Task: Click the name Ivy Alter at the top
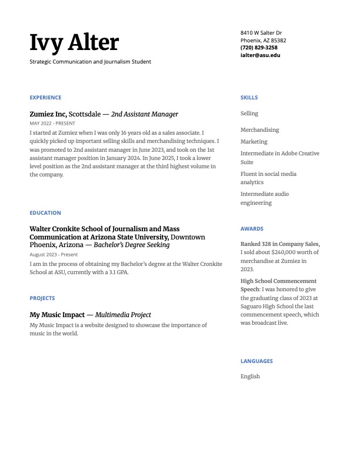click(x=74, y=43)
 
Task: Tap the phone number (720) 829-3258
click(x=259, y=48)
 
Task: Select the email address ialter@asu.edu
click(x=260, y=55)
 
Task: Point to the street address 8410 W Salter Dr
click(x=261, y=33)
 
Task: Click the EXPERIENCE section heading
click(x=45, y=98)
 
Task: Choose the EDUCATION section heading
click(x=45, y=213)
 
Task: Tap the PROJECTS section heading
click(x=42, y=298)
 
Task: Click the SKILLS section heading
click(x=249, y=98)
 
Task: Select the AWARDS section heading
click(x=252, y=229)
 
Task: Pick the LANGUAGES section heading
click(x=256, y=361)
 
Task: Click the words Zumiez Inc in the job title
click(x=48, y=114)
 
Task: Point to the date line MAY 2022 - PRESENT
click(x=52, y=124)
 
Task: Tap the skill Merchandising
click(x=259, y=130)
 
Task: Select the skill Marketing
click(x=254, y=142)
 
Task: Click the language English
click(x=250, y=377)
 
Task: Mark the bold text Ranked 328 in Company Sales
click(x=280, y=244)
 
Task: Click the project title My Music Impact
click(x=57, y=315)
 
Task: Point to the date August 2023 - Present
click(x=54, y=255)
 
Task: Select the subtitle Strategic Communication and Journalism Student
click(x=90, y=62)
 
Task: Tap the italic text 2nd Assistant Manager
click(x=144, y=114)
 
